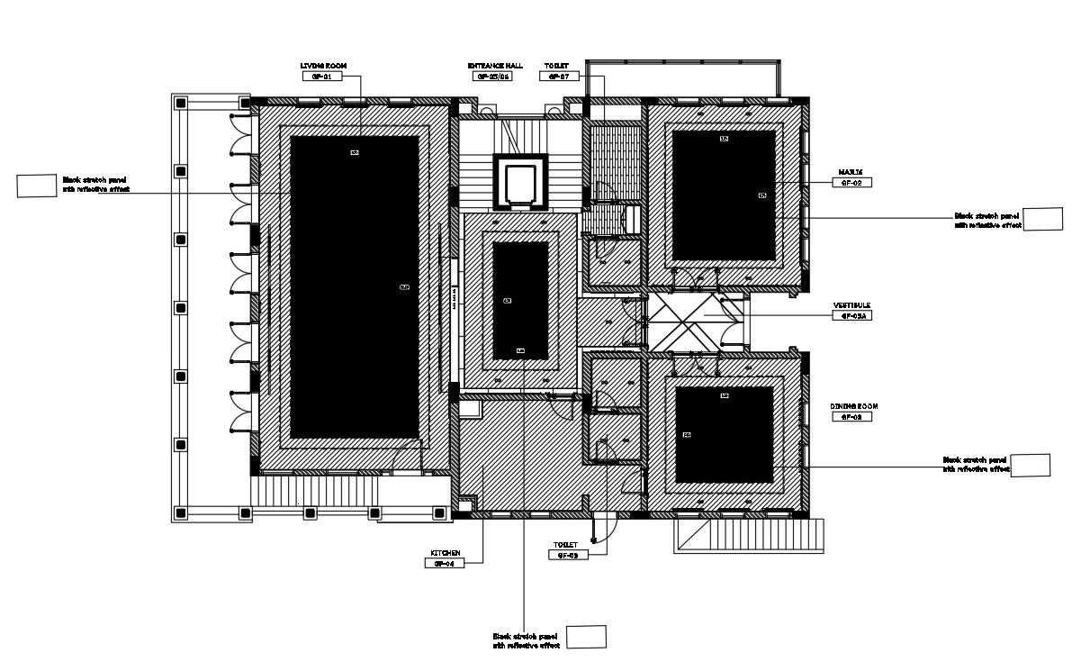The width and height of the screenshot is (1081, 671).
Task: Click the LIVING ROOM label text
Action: coord(323,66)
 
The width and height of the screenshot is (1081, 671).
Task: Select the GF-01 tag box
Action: coord(323,77)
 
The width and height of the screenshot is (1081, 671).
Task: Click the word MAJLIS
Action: coord(851,171)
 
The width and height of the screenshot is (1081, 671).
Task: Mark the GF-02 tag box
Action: coord(851,182)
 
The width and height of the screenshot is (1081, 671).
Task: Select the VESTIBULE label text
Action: coord(851,305)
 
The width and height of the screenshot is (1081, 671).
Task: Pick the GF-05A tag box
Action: coord(851,316)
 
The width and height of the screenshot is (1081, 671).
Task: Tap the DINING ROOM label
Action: coord(853,406)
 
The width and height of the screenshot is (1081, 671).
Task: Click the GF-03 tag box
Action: coord(853,417)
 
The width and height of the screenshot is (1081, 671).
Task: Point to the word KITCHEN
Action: coord(446,553)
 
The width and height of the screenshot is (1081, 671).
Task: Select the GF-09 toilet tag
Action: coord(568,556)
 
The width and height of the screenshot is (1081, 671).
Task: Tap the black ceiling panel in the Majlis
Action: coord(724,195)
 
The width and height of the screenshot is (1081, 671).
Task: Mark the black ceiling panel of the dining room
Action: coord(724,434)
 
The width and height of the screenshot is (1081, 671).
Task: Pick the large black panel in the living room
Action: coord(355,286)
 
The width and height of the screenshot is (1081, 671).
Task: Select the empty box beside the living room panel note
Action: coord(37,186)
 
